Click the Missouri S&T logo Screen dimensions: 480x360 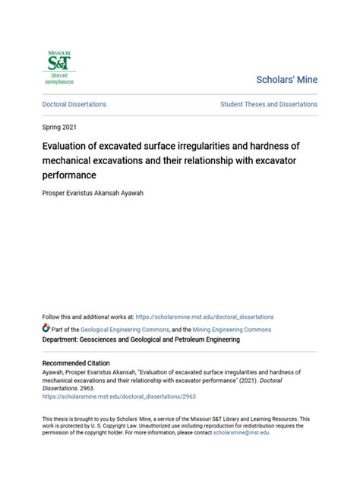59,67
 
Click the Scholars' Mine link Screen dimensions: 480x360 287,80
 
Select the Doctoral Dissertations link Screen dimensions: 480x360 74,104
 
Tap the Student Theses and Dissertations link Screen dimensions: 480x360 269,104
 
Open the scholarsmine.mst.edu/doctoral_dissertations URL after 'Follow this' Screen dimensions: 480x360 205,317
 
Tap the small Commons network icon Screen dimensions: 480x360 46,329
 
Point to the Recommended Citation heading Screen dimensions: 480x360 76,363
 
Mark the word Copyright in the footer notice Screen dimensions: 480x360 131,425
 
